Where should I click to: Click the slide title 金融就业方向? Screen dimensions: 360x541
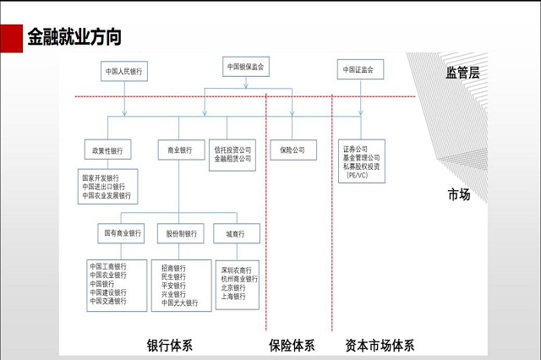coord(74,38)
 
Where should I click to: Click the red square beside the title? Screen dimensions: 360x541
coord(11,38)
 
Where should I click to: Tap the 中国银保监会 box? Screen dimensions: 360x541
coord(246,66)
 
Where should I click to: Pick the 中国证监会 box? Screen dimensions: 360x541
coord(358,69)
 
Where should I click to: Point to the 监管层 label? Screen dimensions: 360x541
coord(462,73)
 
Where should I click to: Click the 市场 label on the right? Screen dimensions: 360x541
coord(459,195)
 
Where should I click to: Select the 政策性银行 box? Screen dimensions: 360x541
coord(108,150)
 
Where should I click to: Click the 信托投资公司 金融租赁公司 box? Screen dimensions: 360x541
coord(232,154)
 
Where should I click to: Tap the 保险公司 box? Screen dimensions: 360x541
coord(292,150)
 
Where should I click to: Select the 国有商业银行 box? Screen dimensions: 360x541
coord(123,232)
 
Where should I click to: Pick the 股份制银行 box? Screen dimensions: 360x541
coord(180,232)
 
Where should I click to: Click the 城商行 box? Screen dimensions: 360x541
coord(236,232)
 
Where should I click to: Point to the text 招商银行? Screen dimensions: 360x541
coord(173,268)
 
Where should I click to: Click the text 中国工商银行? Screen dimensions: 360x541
coord(108,266)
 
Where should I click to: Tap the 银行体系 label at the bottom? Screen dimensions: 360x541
coord(170,345)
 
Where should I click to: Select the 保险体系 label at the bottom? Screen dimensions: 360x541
coord(292,345)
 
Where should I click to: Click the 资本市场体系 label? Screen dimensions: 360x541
coord(380,345)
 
